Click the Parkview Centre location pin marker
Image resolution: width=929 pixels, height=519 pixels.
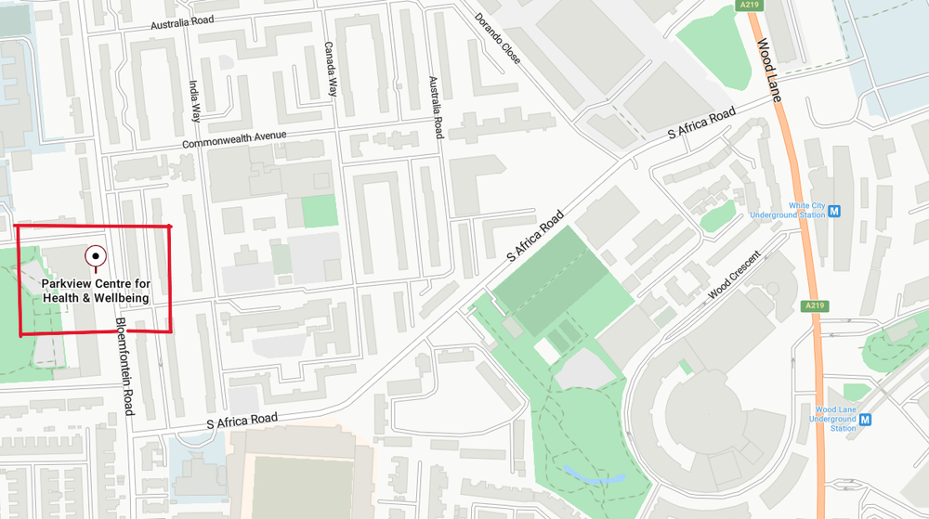coord(95,255)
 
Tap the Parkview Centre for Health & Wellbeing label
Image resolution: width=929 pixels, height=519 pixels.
coord(96,290)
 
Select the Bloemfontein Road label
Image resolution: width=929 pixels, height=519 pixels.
coord(123,366)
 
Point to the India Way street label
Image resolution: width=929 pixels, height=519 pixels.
coord(195,100)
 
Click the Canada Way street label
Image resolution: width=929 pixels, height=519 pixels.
coord(329,69)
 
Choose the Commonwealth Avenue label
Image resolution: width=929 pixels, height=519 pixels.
coord(233,139)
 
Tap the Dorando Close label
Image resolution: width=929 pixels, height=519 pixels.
coord(498,38)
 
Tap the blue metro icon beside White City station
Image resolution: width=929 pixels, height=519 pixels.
coord(834,211)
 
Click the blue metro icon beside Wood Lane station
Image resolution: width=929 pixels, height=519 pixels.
coord(866,419)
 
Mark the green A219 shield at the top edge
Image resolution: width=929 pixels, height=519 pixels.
coord(749,5)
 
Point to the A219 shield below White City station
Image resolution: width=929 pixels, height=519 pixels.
coord(815,305)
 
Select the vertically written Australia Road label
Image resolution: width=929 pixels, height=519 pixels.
coord(434,107)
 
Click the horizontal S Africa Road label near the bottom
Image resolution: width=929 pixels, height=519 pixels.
coord(242,421)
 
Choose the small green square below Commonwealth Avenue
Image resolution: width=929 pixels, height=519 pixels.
coord(320,211)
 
